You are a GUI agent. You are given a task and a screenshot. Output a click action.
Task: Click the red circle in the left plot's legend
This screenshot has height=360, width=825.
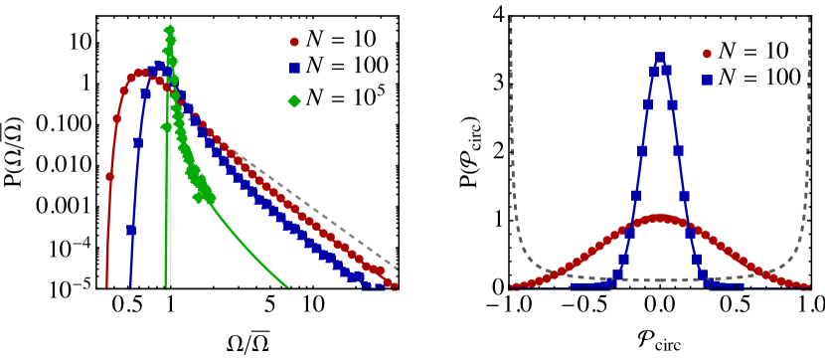[294, 43]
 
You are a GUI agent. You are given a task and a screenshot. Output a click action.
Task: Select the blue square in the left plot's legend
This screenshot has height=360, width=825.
[294, 69]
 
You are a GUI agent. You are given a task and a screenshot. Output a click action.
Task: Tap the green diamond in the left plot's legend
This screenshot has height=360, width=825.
[294, 100]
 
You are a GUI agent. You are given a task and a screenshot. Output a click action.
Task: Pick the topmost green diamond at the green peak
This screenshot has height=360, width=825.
[169, 31]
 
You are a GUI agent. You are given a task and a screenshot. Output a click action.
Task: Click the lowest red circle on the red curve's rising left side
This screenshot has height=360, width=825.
[109, 177]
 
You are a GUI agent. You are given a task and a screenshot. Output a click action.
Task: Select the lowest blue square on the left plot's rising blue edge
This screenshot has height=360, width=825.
[131, 231]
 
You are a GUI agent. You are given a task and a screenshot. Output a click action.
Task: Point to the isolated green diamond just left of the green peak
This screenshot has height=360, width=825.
[165, 127]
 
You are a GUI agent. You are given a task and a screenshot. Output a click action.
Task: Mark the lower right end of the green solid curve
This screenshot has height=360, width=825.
[288, 288]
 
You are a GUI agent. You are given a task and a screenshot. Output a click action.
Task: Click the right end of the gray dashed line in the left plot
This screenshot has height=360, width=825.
[398, 269]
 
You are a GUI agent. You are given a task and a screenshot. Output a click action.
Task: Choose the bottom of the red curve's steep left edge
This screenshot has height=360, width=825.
[106, 287]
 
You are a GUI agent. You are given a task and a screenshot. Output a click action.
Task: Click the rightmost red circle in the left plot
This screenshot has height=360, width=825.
[392, 284]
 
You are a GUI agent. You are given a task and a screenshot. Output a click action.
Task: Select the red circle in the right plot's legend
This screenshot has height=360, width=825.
[707, 54]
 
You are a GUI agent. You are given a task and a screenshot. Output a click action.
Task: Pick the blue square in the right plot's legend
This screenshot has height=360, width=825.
[707, 80]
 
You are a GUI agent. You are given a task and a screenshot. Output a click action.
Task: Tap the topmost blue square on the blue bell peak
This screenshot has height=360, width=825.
[660, 58]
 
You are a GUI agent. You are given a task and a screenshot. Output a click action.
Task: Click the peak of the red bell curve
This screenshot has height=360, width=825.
[660, 217]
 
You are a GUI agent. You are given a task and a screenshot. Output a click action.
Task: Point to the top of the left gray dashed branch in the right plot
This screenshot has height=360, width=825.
[511, 18]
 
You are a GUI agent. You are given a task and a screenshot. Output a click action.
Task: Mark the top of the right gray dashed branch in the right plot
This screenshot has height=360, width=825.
[809, 18]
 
